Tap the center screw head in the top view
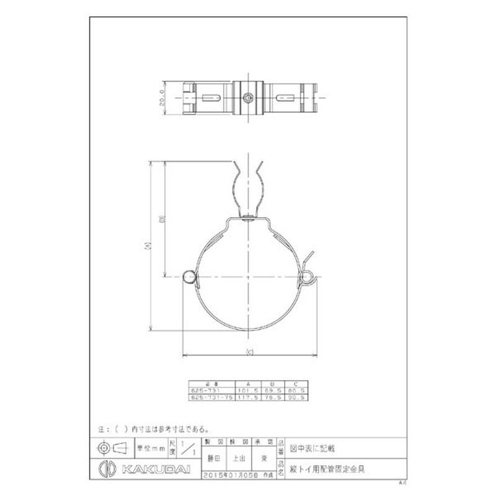248,98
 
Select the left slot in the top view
210,98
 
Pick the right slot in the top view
285,98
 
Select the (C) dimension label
249,353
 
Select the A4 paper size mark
403,481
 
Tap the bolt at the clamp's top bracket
247,217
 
